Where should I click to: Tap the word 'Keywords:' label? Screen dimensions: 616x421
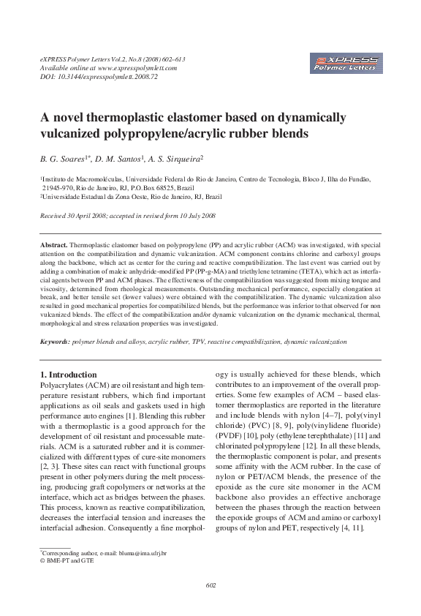55,342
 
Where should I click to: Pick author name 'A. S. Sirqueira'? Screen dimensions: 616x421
176,157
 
